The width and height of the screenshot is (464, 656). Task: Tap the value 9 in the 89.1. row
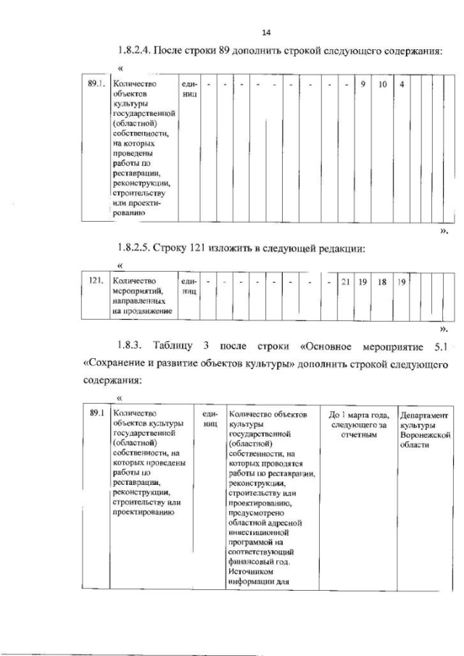(x=362, y=84)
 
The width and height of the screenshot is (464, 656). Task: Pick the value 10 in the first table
(x=383, y=84)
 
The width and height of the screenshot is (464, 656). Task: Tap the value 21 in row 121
(x=344, y=280)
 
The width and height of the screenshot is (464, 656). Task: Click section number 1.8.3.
(x=130, y=344)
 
